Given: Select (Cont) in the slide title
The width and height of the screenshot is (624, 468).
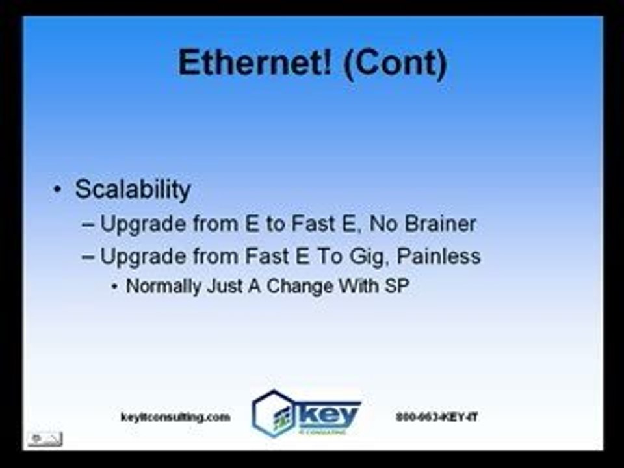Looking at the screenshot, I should click(x=395, y=64).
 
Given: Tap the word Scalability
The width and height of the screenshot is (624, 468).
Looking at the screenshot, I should click(x=133, y=190).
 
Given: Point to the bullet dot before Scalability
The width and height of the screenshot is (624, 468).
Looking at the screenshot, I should click(x=58, y=190).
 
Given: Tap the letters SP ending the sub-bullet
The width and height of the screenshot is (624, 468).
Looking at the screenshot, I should click(x=397, y=286).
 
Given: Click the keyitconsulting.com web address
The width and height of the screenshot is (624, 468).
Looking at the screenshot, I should click(x=175, y=417).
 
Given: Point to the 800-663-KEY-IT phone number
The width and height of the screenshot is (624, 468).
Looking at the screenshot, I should click(x=437, y=417).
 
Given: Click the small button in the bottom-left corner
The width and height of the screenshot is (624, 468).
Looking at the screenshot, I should click(x=44, y=439).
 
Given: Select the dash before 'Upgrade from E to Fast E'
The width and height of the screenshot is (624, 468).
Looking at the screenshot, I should click(x=88, y=225).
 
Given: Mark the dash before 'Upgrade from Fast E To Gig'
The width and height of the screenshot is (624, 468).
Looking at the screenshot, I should click(x=88, y=256).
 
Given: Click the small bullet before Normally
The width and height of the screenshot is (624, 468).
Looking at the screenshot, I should click(x=115, y=287).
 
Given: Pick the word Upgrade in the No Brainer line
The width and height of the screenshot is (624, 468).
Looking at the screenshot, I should click(x=139, y=225).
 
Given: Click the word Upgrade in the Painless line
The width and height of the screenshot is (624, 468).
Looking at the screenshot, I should click(x=139, y=256).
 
